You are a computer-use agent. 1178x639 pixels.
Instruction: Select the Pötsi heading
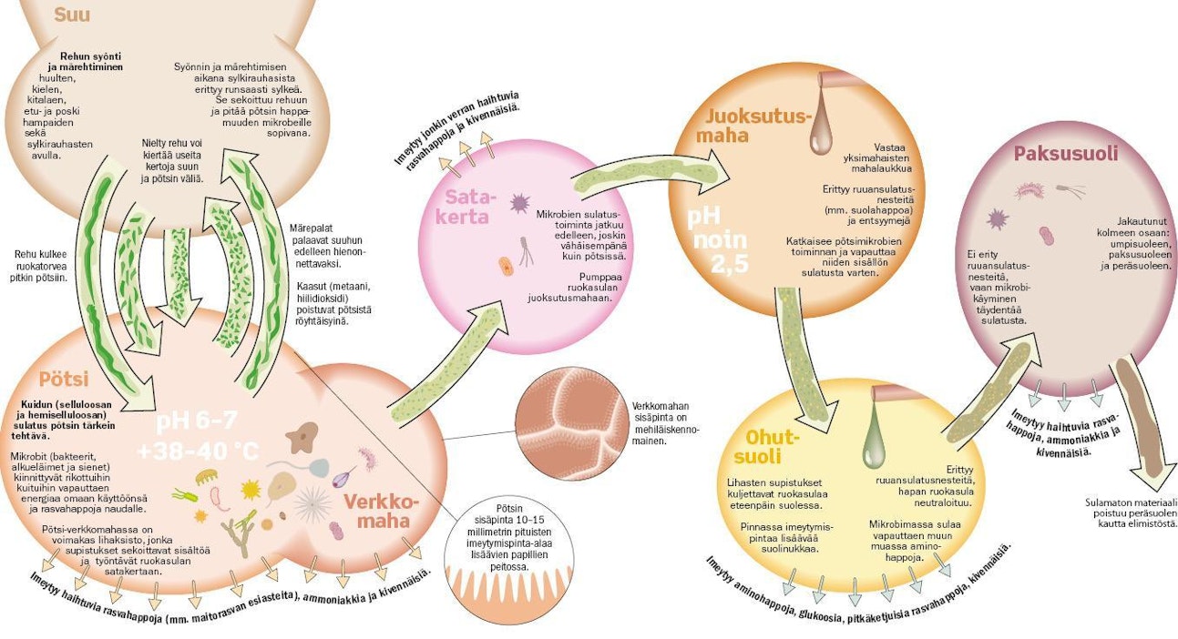(63, 379)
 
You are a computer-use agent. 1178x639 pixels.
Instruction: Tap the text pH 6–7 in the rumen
(199, 421)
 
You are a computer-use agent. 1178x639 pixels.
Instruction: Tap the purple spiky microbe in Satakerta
(520, 202)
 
